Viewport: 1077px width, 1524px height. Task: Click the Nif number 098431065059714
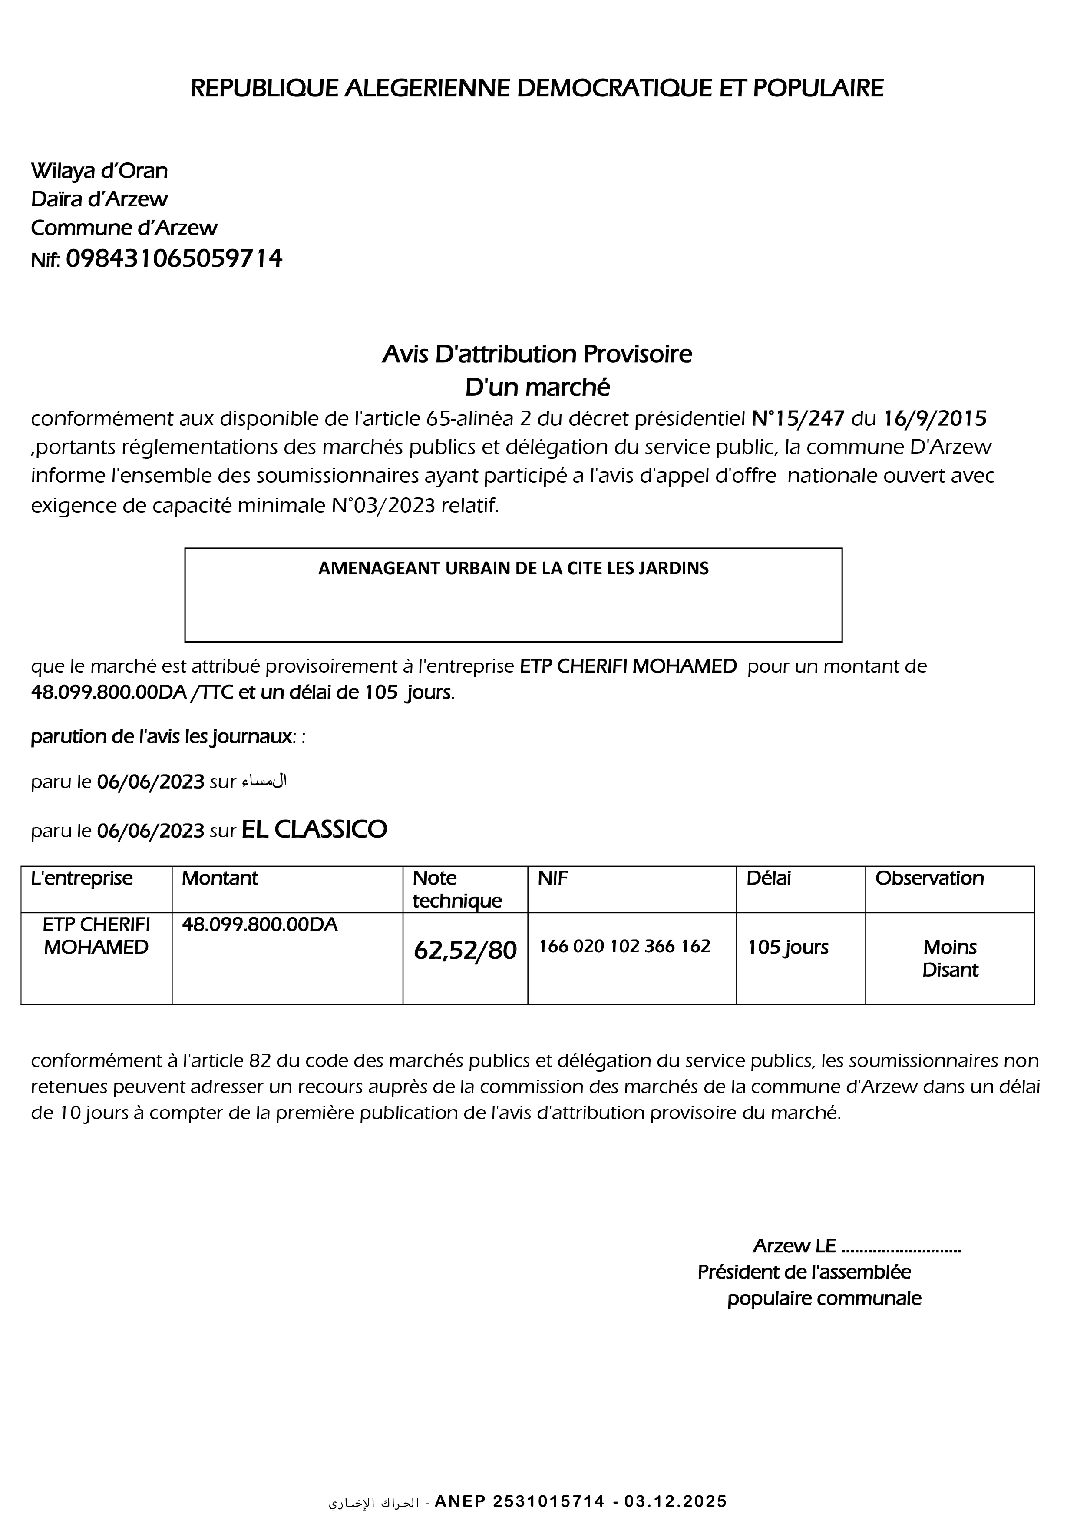[174, 258]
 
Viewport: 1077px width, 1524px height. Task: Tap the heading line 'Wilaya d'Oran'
[99, 171]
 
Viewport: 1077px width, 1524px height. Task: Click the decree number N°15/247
[798, 418]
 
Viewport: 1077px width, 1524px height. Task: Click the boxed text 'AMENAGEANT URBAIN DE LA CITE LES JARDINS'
[513, 568]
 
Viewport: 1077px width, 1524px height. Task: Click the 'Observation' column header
[929, 878]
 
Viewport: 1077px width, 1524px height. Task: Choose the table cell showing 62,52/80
[465, 951]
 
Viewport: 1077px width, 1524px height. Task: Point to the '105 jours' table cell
[788, 947]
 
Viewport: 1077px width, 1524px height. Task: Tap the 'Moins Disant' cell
[950, 958]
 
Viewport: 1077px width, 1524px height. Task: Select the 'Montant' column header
[220, 878]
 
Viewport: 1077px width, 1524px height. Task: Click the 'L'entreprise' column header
[82, 878]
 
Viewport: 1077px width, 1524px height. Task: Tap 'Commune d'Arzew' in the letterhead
[124, 228]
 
